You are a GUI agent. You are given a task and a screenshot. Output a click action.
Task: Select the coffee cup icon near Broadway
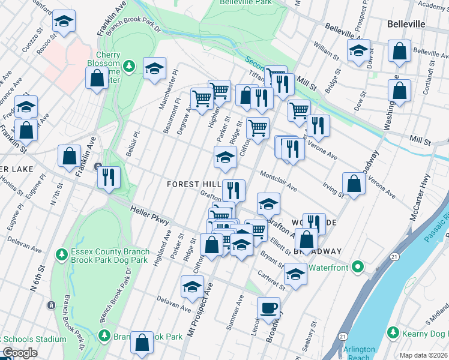(x=269, y=308)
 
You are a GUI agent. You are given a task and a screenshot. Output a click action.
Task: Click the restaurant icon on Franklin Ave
(x=109, y=178)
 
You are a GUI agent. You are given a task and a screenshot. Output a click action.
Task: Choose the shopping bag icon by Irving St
(x=354, y=184)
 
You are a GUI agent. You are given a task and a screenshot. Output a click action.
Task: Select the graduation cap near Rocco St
(x=62, y=23)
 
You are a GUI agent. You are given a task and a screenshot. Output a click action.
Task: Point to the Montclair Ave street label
(x=278, y=180)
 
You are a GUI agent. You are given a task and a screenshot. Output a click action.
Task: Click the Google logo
(x=20, y=353)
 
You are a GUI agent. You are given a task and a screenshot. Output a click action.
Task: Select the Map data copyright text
(x=424, y=355)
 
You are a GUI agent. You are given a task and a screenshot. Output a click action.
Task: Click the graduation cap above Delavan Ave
(x=191, y=287)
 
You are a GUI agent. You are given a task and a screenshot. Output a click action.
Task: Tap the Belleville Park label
(x=243, y=4)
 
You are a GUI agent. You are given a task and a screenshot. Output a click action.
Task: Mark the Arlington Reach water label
(x=359, y=353)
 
